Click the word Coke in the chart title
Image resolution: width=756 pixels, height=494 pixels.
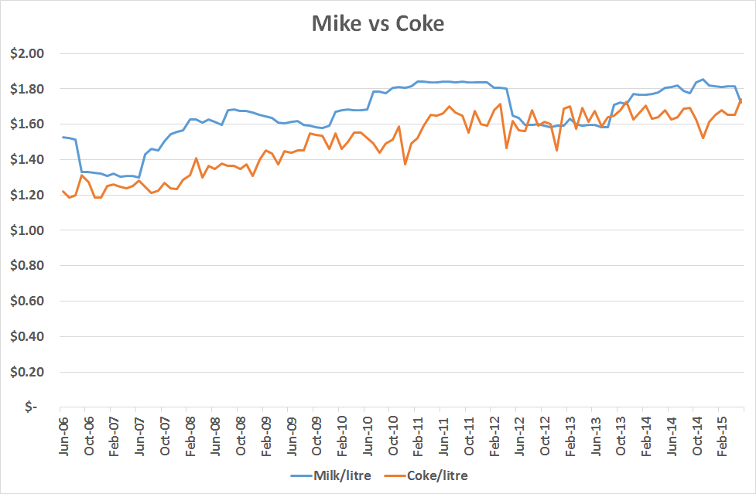(420, 24)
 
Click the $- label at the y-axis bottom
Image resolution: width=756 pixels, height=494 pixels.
(30, 407)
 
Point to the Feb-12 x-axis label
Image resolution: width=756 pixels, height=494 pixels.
(492, 436)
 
